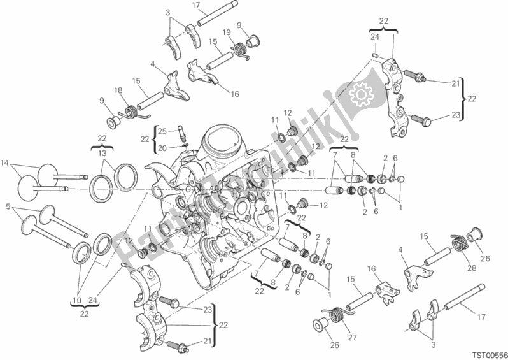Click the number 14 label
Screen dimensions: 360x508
[6, 162]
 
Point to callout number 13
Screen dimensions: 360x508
[102, 154]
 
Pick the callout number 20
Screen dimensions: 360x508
[161, 147]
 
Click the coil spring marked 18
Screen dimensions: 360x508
[134, 112]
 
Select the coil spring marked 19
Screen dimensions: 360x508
[241, 48]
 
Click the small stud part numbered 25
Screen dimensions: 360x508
[183, 134]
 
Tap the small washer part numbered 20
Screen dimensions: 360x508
[182, 145]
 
